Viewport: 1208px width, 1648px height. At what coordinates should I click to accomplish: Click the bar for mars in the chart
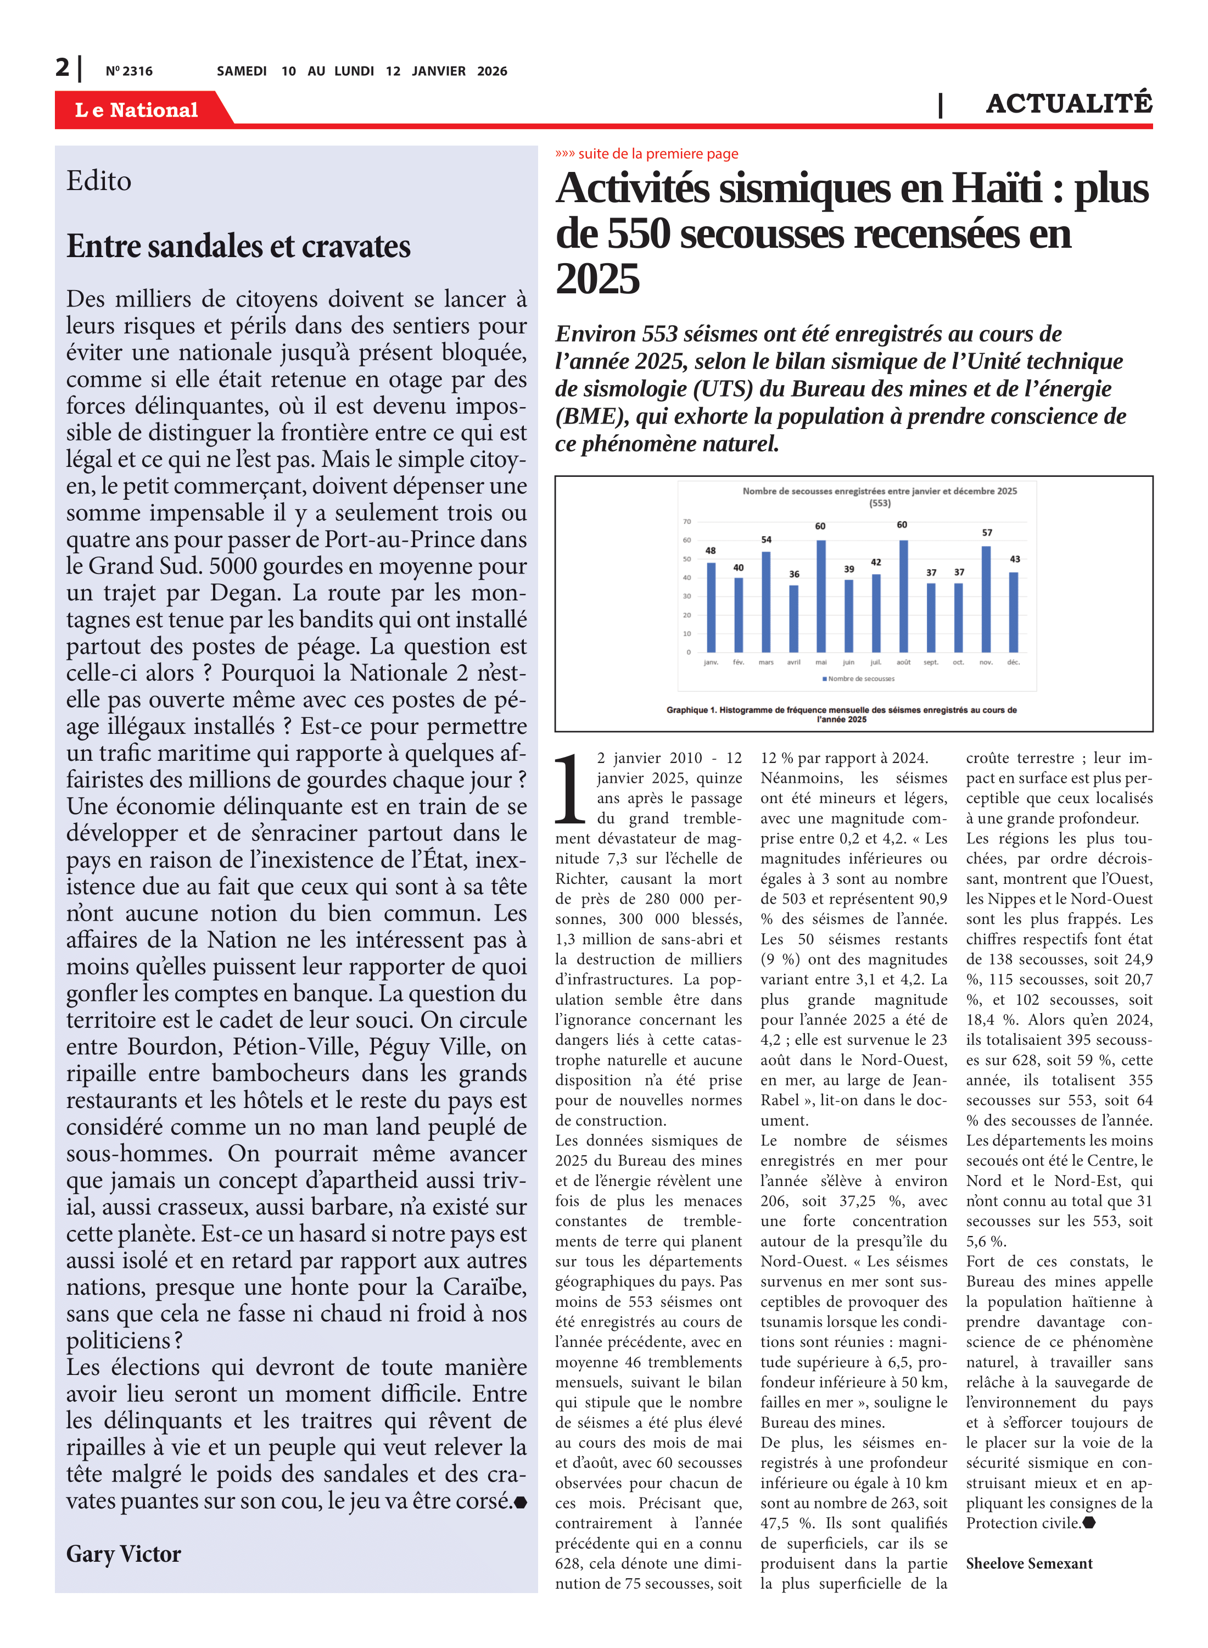point(765,602)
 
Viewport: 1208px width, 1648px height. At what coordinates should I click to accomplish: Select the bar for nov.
point(986,599)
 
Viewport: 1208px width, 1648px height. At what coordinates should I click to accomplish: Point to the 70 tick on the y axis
point(686,521)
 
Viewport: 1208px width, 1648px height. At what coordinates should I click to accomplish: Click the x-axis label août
point(903,662)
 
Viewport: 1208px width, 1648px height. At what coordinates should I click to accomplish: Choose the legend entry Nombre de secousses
point(860,679)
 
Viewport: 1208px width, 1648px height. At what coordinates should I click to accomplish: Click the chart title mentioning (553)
point(879,496)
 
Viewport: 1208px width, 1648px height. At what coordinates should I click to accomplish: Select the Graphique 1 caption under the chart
point(841,714)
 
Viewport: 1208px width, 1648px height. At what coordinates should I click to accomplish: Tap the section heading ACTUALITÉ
point(1069,103)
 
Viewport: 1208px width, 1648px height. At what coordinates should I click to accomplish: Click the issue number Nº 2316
point(128,71)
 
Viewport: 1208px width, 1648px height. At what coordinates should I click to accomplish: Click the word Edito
point(99,181)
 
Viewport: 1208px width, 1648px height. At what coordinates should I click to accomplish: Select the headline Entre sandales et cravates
point(238,247)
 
